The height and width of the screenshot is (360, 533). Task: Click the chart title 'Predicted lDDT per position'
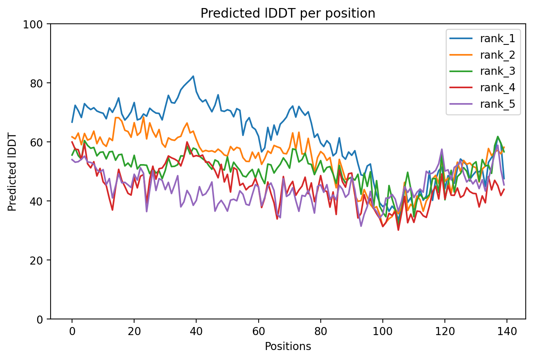click(x=288, y=13)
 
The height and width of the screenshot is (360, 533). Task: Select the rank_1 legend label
click(x=497, y=38)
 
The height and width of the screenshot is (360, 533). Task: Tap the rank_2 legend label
click(x=497, y=55)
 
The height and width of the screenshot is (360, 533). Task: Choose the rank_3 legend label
click(x=497, y=71)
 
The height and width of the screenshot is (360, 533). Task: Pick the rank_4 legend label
click(x=497, y=88)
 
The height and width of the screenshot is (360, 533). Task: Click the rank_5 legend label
click(x=497, y=104)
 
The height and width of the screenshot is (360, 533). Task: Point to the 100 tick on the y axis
click(x=37, y=24)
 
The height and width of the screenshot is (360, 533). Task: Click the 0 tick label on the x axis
click(x=72, y=331)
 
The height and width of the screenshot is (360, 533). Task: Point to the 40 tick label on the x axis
click(x=196, y=331)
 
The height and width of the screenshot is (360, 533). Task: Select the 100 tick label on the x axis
click(x=382, y=331)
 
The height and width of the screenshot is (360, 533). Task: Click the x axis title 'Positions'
click(x=288, y=347)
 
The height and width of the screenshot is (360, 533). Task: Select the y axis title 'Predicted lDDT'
click(x=12, y=172)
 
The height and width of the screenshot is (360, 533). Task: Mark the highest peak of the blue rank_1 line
click(x=193, y=76)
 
